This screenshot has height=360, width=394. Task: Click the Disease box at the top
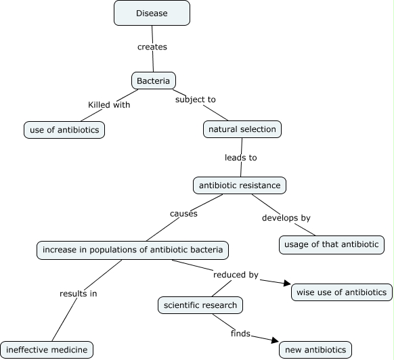(x=152, y=13)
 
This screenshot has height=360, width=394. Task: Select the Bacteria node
(x=153, y=81)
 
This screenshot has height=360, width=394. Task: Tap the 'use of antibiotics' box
(x=64, y=129)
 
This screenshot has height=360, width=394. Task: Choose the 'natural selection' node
(x=241, y=129)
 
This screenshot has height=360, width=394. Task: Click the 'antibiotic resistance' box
(x=240, y=184)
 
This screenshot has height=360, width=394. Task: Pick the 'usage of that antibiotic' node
(x=332, y=244)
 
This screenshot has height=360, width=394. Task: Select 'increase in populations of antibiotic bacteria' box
(x=132, y=250)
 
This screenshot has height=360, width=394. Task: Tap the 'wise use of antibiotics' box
(x=341, y=292)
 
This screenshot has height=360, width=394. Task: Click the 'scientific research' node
(x=200, y=305)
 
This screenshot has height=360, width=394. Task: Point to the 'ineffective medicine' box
(x=47, y=350)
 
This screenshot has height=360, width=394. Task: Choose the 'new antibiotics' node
(x=315, y=350)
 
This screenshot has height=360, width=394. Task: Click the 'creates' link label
(x=152, y=47)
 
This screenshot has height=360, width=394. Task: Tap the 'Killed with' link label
(x=109, y=105)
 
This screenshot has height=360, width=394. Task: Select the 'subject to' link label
(x=195, y=99)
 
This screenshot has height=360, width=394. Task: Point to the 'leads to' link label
(x=240, y=157)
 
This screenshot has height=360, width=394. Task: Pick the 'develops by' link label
(x=286, y=218)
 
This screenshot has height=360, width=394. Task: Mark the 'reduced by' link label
(x=236, y=275)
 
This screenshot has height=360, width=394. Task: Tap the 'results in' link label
(x=78, y=294)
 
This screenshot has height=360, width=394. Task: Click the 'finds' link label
(x=240, y=333)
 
